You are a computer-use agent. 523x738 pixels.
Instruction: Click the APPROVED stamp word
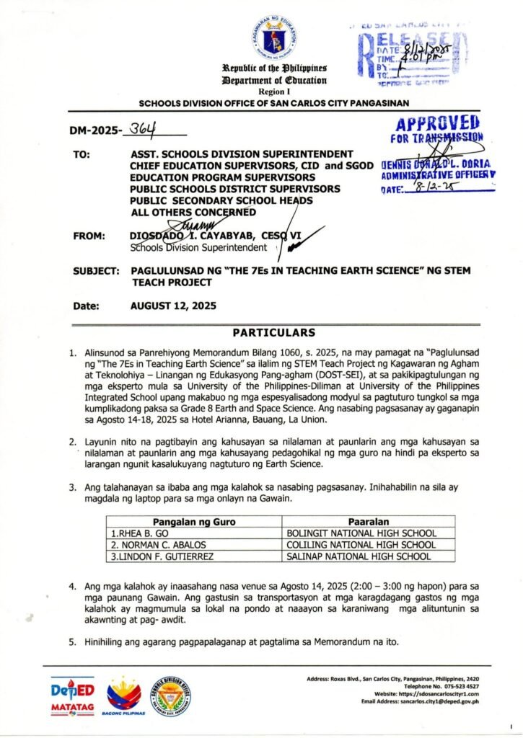tap(438, 123)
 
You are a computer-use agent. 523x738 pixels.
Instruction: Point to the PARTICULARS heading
tap(273, 332)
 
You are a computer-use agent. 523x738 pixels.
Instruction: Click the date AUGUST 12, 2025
tap(173, 306)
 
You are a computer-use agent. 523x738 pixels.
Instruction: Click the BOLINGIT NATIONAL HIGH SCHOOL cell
tap(361, 533)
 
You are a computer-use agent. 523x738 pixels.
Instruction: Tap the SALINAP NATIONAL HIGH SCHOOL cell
tap(359, 556)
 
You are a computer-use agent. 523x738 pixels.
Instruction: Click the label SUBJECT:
tap(96, 271)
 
